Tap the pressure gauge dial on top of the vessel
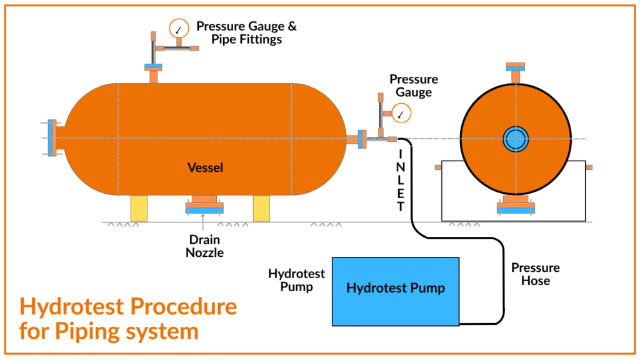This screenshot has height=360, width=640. click(x=179, y=27)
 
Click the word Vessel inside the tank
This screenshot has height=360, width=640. click(x=205, y=167)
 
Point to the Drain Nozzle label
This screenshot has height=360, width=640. click(x=206, y=246)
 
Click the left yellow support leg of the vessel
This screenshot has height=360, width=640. click(x=139, y=208)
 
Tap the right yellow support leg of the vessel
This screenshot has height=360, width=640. click(x=261, y=208)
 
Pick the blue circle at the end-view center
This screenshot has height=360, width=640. click(x=516, y=139)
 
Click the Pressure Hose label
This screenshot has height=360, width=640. click(x=536, y=274)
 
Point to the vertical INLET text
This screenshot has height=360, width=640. click(x=401, y=179)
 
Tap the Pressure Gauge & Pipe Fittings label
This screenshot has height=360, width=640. click(x=246, y=32)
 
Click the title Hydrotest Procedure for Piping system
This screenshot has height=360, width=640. click(x=128, y=318)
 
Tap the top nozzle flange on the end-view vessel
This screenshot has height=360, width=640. click(x=516, y=66)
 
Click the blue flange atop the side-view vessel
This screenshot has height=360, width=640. click(x=153, y=66)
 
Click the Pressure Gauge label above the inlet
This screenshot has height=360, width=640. click(x=413, y=86)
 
